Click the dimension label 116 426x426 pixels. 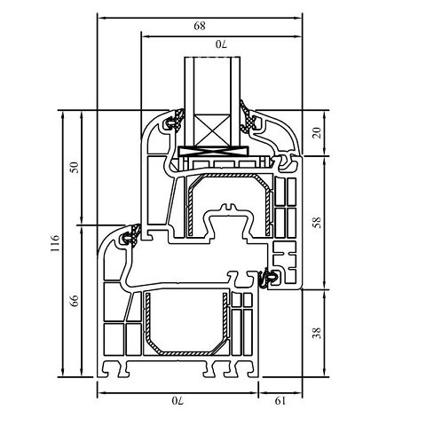[56, 243]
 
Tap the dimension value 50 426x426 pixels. [75, 168]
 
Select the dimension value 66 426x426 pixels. [75, 301]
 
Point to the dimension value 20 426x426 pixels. [317, 133]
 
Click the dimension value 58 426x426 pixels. [317, 222]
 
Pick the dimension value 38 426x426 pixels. [317, 333]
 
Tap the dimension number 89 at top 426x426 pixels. [200, 26]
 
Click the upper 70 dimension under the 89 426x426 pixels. [221, 44]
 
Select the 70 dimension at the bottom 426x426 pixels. [177, 401]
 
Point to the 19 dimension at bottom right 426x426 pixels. [280, 401]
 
